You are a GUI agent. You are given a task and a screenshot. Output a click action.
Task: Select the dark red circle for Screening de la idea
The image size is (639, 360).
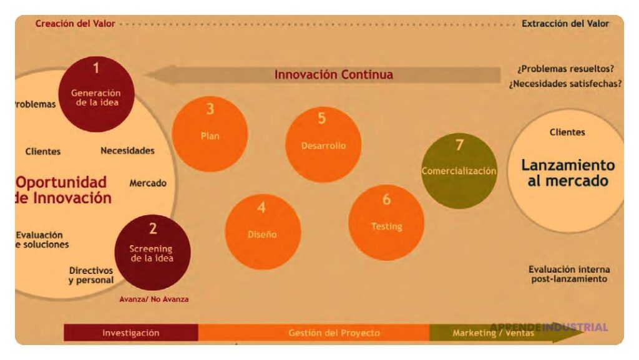(152, 252)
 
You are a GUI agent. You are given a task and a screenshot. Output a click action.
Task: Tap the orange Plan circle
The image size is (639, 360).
(210, 134)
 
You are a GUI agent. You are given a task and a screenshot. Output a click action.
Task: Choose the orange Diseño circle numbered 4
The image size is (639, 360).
(262, 231)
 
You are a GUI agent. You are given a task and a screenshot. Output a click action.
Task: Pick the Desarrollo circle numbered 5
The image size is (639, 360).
(323, 144)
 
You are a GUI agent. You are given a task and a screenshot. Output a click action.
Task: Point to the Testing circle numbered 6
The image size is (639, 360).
(386, 222)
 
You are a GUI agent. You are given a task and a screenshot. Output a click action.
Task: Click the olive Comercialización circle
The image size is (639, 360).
(459, 170)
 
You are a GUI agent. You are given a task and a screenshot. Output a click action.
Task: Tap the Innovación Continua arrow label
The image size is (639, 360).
(334, 75)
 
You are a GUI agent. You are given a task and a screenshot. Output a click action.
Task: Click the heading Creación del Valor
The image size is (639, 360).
(75, 24)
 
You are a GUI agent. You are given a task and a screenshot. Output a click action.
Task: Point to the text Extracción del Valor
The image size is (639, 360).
(565, 24)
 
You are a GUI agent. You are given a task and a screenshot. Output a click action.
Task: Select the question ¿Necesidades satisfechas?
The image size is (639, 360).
(565, 82)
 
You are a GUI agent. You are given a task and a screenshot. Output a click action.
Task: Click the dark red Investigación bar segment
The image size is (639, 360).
(131, 333)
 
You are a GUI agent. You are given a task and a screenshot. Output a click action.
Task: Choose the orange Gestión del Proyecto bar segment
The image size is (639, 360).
(333, 333)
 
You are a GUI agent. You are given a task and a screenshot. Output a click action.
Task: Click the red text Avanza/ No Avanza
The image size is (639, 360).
(154, 299)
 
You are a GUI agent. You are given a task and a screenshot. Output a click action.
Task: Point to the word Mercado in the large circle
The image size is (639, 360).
(148, 183)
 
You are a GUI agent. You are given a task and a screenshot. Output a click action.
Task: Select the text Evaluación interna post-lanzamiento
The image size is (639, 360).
(569, 274)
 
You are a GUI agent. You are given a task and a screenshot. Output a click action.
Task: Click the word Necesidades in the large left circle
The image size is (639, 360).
(127, 150)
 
